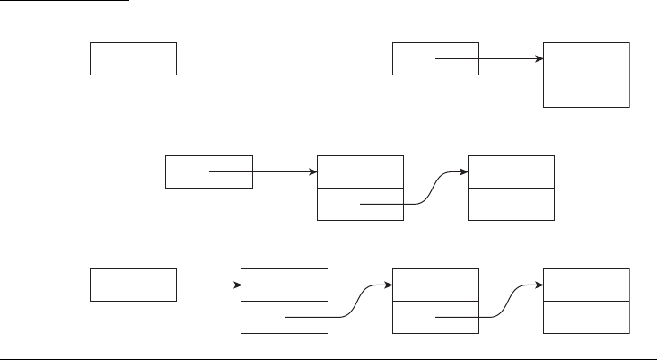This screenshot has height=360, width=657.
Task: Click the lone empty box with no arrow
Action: click(x=133, y=58)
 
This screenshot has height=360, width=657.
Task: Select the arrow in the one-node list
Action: click(x=489, y=59)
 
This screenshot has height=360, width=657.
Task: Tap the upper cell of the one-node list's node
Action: click(x=586, y=58)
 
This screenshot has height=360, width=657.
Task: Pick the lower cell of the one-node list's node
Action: click(x=586, y=91)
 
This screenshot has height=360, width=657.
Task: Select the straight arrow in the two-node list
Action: click(x=264, y=171)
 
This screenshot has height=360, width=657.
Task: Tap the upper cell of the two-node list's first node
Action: click(x=360, y=171)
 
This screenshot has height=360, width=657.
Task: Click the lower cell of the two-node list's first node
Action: click(x=337, y=205)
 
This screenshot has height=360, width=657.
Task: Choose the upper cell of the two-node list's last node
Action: click(x=511, y=171)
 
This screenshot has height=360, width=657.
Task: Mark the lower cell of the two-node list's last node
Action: click(x=511, y=204)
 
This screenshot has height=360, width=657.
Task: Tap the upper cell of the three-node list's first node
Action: click(x=285, y=285)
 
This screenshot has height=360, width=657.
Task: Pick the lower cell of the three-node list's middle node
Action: click(x=413, y=317)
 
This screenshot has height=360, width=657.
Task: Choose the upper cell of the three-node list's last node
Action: click(x=586, y=285)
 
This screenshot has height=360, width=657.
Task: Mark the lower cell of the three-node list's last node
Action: click(x=586, y=317)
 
